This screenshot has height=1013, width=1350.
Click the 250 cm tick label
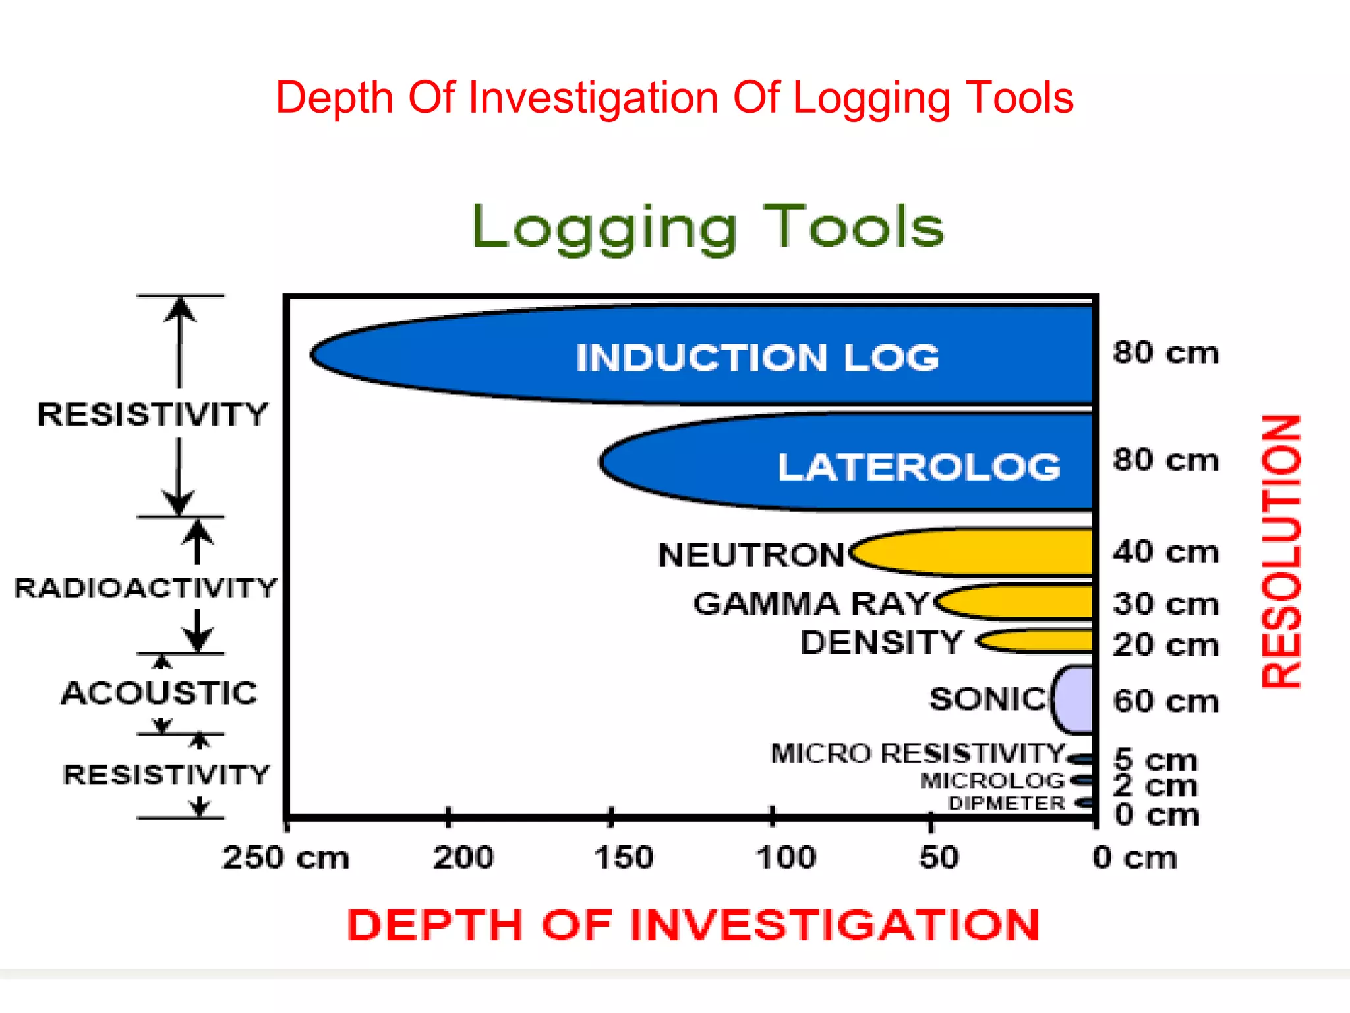[285, 857]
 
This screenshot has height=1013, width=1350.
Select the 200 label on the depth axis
[463, 857]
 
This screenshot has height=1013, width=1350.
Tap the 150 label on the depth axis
[624, 857]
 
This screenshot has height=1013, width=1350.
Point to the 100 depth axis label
[786, 857]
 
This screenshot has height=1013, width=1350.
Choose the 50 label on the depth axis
[939, 857]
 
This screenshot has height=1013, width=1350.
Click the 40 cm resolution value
[1165, 551]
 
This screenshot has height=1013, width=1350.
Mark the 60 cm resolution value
[1165, 701]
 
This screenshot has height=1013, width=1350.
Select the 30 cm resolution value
[1165, 604]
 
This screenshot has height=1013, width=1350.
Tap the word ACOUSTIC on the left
[159, 693]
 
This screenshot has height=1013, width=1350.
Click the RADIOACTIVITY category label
[145, 588]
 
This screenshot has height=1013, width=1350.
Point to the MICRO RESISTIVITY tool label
[918, 753]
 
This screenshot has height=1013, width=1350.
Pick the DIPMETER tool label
[1006, 803]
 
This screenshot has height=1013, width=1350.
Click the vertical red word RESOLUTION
[1281, 551]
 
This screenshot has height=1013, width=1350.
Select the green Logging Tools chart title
[708, 227]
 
